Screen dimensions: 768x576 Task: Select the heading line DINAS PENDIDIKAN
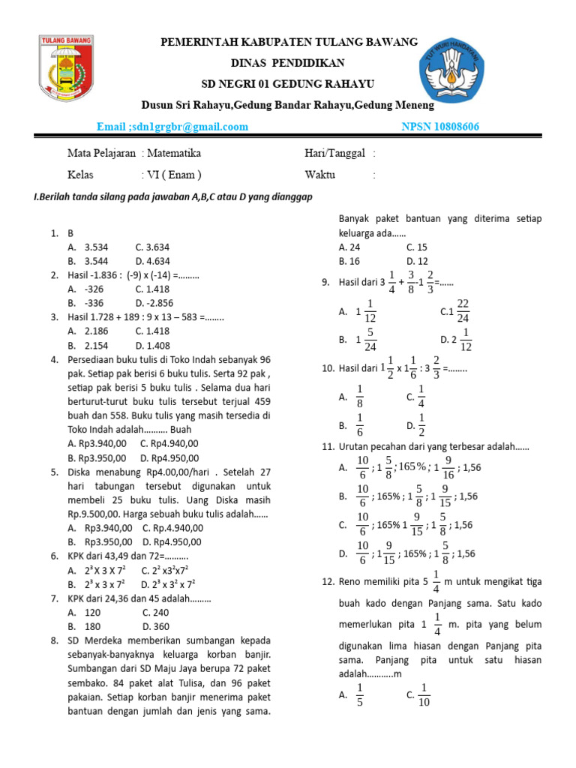[x=288, y=63]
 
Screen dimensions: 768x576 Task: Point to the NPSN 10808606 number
[x=441, y=126]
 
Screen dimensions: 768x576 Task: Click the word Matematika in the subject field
[x=174, y=153]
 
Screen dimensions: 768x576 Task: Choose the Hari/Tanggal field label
[x=334, y=153]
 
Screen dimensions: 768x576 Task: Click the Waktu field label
[x=320, y=175]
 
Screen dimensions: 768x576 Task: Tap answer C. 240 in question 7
[x=157, y=612]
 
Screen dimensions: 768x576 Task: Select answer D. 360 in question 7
[x=156, y=626]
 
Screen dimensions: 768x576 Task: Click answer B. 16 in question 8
[x=349, y=261]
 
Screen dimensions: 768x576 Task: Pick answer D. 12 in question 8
[x=417, y=261]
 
